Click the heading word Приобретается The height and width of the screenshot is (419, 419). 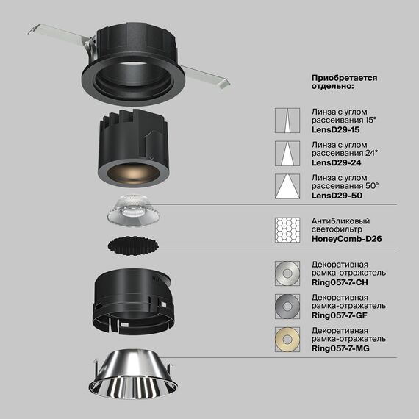(344, 77)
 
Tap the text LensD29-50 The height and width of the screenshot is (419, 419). (337, 196)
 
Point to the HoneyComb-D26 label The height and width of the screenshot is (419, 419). (347, 239)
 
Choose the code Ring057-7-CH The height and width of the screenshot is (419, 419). (341, 282)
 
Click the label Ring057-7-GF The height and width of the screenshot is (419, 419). (341, 315)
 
